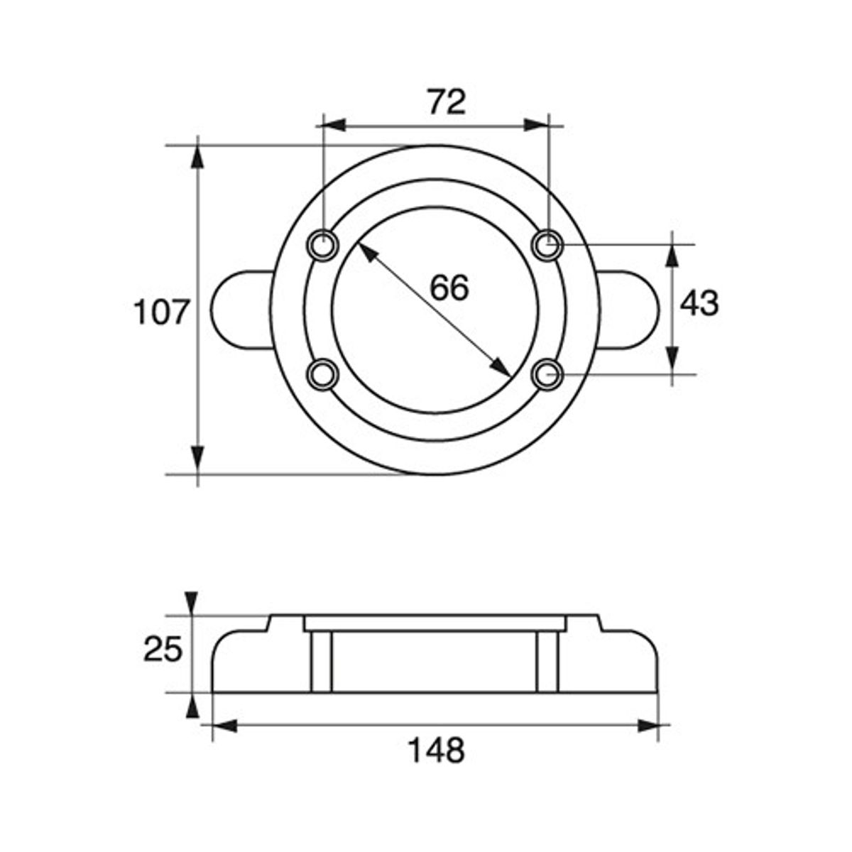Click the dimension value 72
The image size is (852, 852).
coord(447,102)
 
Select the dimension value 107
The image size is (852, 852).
coord(163,312)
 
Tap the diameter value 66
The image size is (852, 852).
coord(449,288)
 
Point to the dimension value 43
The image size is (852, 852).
coord(699,304)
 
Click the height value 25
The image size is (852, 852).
coord(163,649)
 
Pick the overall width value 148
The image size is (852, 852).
coord(437,750)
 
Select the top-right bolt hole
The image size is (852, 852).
coord(547,245)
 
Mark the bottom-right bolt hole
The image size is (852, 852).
coord(547,373)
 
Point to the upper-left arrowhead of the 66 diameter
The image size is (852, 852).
coord(366,253)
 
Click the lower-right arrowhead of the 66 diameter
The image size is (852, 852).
coord(501,367)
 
